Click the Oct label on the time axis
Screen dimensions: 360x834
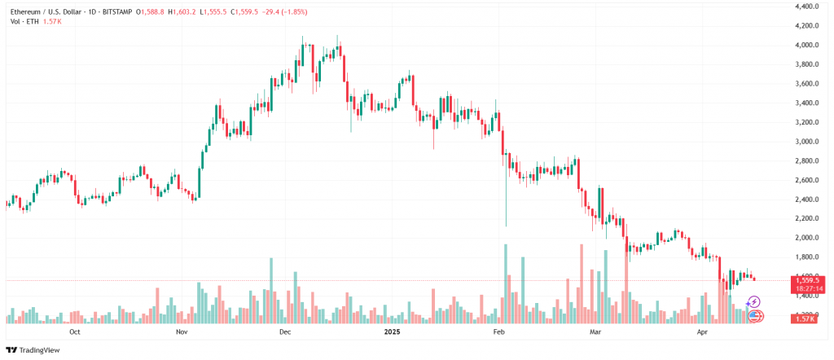point(74,331)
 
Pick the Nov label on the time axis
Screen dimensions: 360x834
point(182,331)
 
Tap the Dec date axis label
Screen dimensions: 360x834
point(284,331)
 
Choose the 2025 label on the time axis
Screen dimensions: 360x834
point(394,331)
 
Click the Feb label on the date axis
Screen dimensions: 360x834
point(499,331)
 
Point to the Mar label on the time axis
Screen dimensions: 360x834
point(595,331)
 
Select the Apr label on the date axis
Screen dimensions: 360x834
point(701,331)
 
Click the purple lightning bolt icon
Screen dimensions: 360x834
point(753,302)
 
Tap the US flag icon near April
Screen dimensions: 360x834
point(754,315)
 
